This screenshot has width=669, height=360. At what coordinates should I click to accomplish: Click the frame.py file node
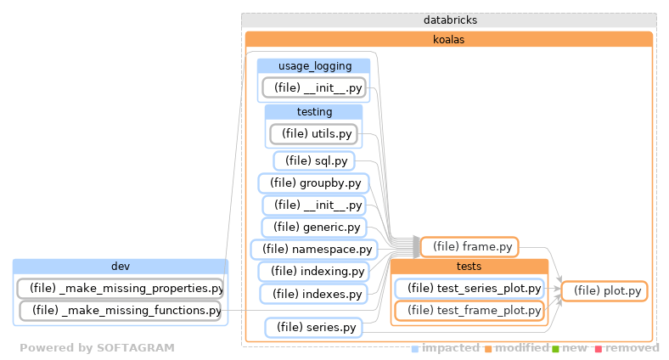click(x=469, y=246)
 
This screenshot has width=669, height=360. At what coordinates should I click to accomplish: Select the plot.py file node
click(x=604, y=291)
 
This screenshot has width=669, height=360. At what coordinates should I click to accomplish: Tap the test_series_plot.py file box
click(x=469, y=289)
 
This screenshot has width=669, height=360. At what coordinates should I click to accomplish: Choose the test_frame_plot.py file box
click(x=469, y=311)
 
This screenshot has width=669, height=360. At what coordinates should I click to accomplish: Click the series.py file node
click(x=313, y=327)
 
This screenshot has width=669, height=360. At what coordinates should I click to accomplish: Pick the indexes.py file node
click(x=313, y=294)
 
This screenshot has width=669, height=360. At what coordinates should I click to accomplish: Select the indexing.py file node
click(x=313, y=272)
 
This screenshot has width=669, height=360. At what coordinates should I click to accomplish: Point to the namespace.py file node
click(x=313, y=250)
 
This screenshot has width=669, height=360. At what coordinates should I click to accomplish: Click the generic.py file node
click(x=313, y=228)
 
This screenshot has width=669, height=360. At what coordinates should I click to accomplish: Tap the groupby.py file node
click(x=313, y=183)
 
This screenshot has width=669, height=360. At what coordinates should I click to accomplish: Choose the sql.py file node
click(x=313, y=160)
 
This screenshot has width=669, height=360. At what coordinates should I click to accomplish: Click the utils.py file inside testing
click(x=313, y=133)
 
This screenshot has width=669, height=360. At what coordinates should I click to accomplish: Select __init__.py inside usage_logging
click(x=313, y=87)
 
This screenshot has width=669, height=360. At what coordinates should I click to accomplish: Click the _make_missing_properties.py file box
click(x=120, y=288)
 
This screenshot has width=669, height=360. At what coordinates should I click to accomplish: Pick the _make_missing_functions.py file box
click(x=120, y=311)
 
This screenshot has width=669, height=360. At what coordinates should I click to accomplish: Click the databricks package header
click(x=448, y=20)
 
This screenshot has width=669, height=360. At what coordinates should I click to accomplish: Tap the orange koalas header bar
click(x=448, y=39)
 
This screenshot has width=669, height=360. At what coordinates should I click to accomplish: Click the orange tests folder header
click(x=469, y=267)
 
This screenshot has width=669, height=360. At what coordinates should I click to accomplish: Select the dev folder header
click(x=120, y=266)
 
